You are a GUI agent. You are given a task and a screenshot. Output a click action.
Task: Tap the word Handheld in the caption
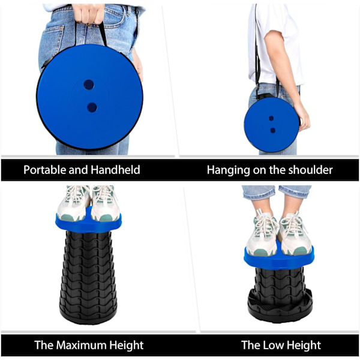[115, 170]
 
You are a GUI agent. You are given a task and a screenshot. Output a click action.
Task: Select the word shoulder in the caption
[310, 170]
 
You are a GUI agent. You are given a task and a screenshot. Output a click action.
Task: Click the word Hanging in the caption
[229, 170]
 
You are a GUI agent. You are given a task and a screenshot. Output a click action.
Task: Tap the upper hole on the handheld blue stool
[89, 85]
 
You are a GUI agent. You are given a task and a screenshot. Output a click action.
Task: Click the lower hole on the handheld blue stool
[92, 107]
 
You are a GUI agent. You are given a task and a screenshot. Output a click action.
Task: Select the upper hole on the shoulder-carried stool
[271, 118]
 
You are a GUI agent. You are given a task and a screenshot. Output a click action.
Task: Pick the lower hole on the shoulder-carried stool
[273, 130]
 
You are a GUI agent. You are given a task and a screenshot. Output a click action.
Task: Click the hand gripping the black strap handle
[88, 13]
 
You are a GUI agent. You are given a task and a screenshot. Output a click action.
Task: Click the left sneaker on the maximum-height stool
[73, 203]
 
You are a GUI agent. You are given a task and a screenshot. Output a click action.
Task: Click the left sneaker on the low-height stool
[262, 236]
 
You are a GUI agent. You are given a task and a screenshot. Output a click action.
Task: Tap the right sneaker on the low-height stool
[295, 235]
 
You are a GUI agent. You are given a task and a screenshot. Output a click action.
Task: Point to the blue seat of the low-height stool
[279, 259]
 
